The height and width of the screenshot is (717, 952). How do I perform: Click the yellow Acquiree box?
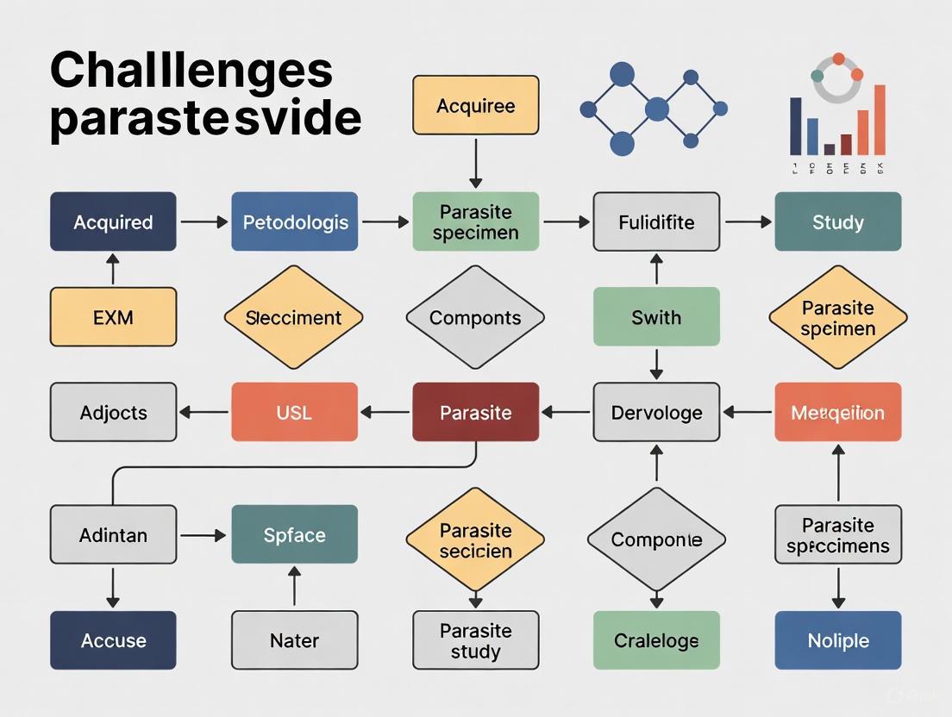click(475, 105)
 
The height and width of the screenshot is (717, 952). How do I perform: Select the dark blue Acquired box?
click(113, 221)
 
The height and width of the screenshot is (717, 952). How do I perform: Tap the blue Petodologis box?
click(294, 221)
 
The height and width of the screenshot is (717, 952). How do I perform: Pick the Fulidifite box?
click(656, 221)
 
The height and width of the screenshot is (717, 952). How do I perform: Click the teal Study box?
click(837, 221)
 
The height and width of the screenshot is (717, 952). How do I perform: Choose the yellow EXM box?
click(113, 316)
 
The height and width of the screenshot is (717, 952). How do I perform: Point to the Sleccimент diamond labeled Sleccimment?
click(293, 317)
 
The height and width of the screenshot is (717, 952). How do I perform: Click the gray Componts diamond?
click(475, 317)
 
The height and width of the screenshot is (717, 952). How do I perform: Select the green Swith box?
click(656, 316)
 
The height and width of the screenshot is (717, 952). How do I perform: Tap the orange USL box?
click(294, 412)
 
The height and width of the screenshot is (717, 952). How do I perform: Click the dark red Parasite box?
click(475, 412)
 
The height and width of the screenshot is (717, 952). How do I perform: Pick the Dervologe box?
click(656, 412)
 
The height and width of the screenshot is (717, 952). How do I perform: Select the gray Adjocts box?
click(113, 412)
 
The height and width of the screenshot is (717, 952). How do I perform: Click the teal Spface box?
click(294, 534)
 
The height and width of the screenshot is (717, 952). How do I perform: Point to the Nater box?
click(294, 640)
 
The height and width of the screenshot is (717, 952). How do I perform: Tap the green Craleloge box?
click(656, 640)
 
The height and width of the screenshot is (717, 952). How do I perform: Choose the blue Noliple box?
click(837, 640)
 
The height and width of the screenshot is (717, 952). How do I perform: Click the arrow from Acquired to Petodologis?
click(204, 222)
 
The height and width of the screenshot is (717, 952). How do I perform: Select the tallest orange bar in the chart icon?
click(880, 120)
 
